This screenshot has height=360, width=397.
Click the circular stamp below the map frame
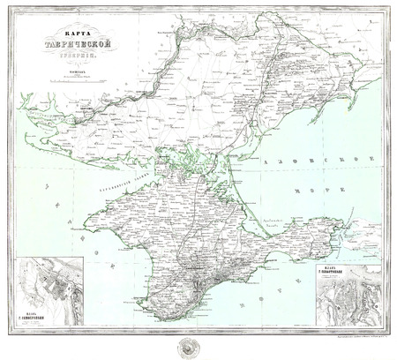point(198,344)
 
